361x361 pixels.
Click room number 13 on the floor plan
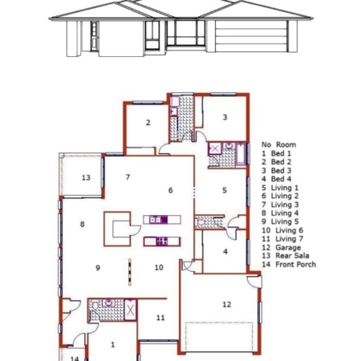click(86, 177)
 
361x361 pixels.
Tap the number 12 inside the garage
click(226, 304)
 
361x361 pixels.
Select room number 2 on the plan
click(148, 123)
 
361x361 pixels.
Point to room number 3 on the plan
click(225, 117)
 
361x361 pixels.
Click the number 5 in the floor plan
click(225, 190)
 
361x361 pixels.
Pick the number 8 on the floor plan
click(83, 224)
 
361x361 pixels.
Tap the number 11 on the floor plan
click(160, 318)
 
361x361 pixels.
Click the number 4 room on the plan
click(225, 251)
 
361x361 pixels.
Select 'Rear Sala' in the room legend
click(292, 256)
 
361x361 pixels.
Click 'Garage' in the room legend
click(288, 247)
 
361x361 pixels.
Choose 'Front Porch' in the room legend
click(296, 265)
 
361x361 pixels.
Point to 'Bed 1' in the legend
click(281, 153)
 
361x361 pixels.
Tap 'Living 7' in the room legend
click(290, 238)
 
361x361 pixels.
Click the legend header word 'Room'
click(286, 144)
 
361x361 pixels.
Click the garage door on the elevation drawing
click(251, 36)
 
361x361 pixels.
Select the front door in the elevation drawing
click(95, 36)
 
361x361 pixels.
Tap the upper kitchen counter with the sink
click(162, 220)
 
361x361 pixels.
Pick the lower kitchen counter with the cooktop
click(162, 241)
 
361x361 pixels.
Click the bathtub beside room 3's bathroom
click(241, 154)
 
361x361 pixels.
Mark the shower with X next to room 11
click(131, 310)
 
